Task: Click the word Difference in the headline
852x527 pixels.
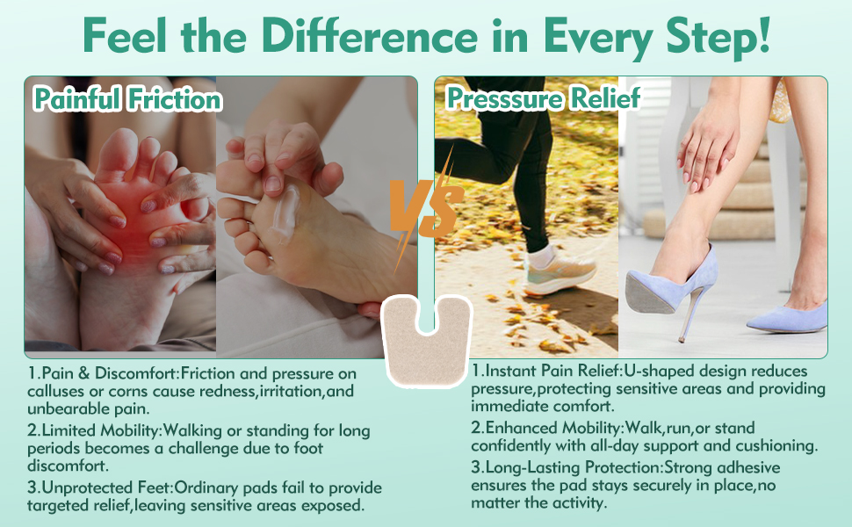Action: coord(370,36)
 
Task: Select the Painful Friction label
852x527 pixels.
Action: coord(127,99)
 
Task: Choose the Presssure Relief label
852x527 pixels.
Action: coord(544,98)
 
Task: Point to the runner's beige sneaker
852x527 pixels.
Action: coord(560,273)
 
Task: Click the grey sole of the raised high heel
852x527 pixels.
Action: coord(650,294)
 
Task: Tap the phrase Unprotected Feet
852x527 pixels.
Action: coord(106,487)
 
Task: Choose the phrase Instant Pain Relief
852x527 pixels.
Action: coord(552,371)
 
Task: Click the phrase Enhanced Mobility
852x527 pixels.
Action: coord(552,428)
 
